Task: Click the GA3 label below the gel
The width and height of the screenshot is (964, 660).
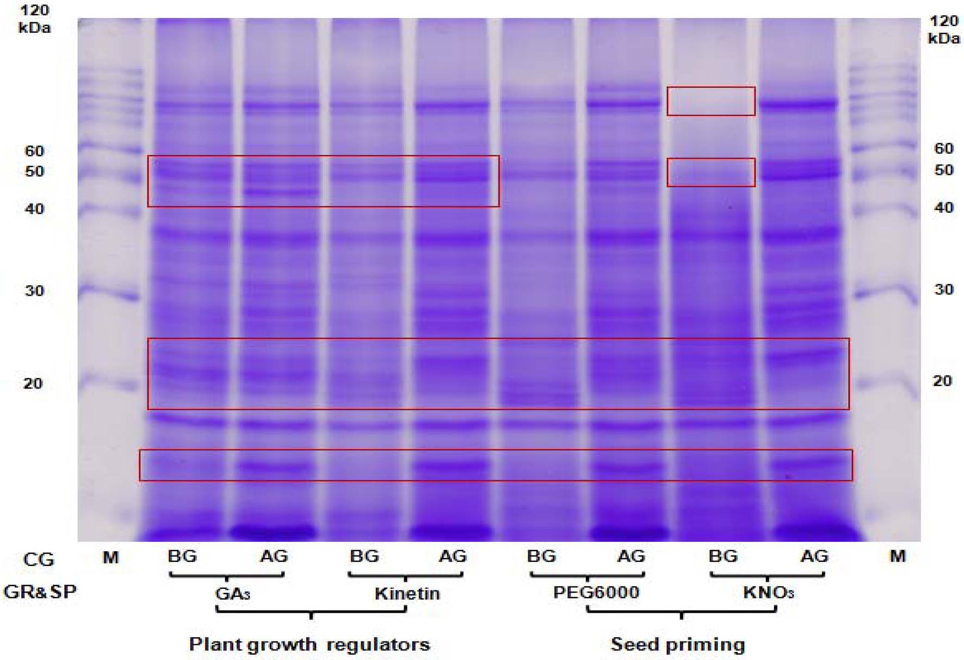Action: (x=232, y=593)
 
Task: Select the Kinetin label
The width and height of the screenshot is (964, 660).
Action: (x=407, y=593)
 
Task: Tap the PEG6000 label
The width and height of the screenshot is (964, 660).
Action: (x=596, y=592)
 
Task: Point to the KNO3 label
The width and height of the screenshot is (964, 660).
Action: (x=768, y=592)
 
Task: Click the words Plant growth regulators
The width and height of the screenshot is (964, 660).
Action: (x=309, y=644)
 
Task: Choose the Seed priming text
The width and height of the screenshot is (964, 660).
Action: (x=677, y=644)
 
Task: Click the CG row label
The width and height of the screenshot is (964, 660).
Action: (x=39, y=559)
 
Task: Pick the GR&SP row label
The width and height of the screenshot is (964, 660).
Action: (x=40, y=591)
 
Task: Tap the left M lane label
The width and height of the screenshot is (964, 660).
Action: (x=110, y=557)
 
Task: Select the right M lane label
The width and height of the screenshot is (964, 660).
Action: (x=897, y=556)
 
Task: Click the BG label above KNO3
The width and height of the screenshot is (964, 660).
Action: (x=723, y=556)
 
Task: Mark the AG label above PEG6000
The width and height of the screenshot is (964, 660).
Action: (x=631, y=556)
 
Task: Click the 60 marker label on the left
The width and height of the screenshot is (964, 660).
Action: (x=34, y=151)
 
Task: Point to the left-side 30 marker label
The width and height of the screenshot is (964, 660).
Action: (x=34, y=291)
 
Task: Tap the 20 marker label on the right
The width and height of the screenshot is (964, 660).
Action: (x=943, y=381)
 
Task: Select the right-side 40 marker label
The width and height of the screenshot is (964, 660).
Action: (x=944, y=207)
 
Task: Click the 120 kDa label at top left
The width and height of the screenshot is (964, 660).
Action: (x=34, y=18)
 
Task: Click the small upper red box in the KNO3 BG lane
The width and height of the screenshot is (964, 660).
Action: (x=711, y=101)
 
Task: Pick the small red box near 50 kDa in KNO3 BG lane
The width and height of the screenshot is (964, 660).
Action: (x=711, y=172)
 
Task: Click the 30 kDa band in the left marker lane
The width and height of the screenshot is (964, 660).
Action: (x=109, y=294)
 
